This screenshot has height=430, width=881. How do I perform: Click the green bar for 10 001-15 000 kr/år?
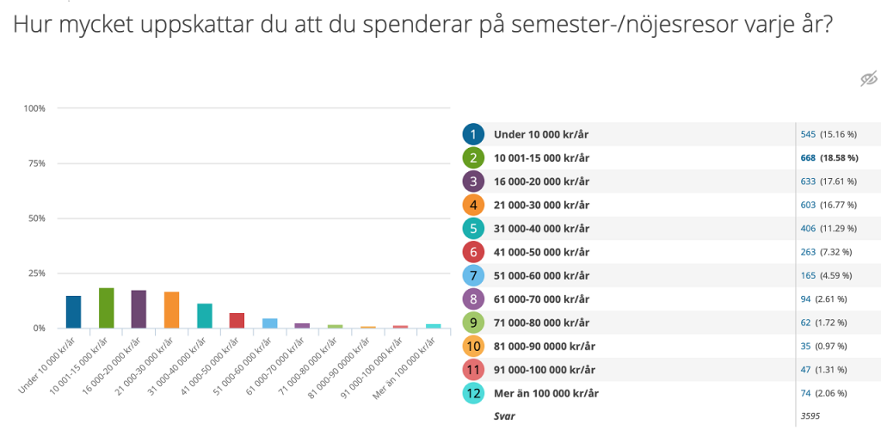[x=107, y=308]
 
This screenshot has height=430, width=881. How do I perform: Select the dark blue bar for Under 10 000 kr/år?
[x=74, y=312]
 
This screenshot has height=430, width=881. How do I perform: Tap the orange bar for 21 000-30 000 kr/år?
[x=171, y=310]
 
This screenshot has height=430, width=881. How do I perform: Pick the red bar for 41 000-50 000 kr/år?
[x=237, y=320]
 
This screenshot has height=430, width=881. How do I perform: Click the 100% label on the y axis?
[x=34, y=108]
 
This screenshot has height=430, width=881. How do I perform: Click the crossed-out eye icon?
[x=868, y=79]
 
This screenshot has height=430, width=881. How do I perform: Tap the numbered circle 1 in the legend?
[x=472, y=134]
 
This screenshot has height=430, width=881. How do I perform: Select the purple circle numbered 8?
[x=472, y=298]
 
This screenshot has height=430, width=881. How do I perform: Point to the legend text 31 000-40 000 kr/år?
[x=541, y=229]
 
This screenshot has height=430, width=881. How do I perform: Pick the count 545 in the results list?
[x=808, y=134]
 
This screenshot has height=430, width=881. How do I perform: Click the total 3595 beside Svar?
[x=810, y=415]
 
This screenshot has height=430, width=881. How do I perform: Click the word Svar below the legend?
[x=504, y=415]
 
